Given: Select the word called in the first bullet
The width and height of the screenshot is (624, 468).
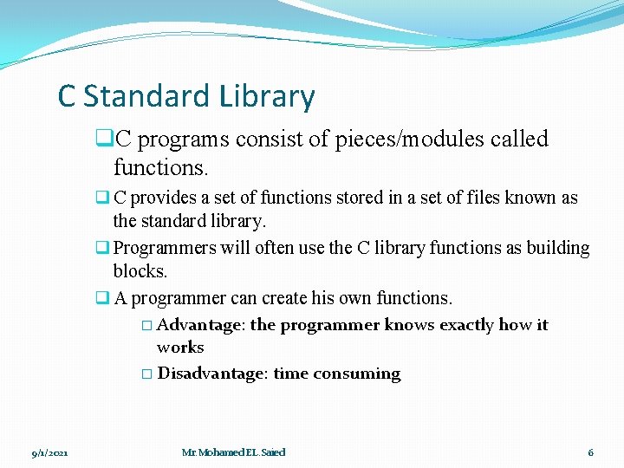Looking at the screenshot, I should coord(518,139).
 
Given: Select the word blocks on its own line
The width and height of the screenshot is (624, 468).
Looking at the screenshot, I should coord(139,271).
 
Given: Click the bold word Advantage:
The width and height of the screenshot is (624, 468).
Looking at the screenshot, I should coord(201,325).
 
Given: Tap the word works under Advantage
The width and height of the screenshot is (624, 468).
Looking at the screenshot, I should coord(180,348).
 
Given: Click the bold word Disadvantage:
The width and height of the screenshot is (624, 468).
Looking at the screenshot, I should coord(213,374).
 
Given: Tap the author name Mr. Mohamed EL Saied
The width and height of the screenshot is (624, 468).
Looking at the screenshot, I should coord(233,452).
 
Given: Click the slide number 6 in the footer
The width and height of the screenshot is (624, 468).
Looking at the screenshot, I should coord(590,452).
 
